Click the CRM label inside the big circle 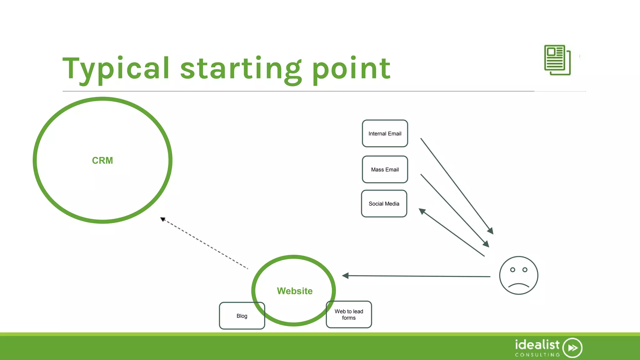click(x=102, y=160)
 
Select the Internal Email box click(x=385, y=133)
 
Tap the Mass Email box click(x=385, y=169)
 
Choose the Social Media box click(x=384, y=203)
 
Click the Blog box click(x=242, y=316)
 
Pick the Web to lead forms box click(x=349, y=314)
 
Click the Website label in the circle click(x=294, y=291)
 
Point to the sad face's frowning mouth click(x=518, y=285)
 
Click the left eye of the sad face click(x=512, y=270)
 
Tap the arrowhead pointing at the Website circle click(x=345, y=276)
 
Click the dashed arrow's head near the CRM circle click(x=163, y=219)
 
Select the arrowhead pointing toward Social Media click(x=422, y=211)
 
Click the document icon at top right click(x=557, y=60)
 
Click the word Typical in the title click(x=116, y=69)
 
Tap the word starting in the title click(x=241, y=69)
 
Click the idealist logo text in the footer click(x=537, y=345)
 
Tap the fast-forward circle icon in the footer click(x=572, y=348)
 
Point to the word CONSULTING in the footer click(x=537, y=355)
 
